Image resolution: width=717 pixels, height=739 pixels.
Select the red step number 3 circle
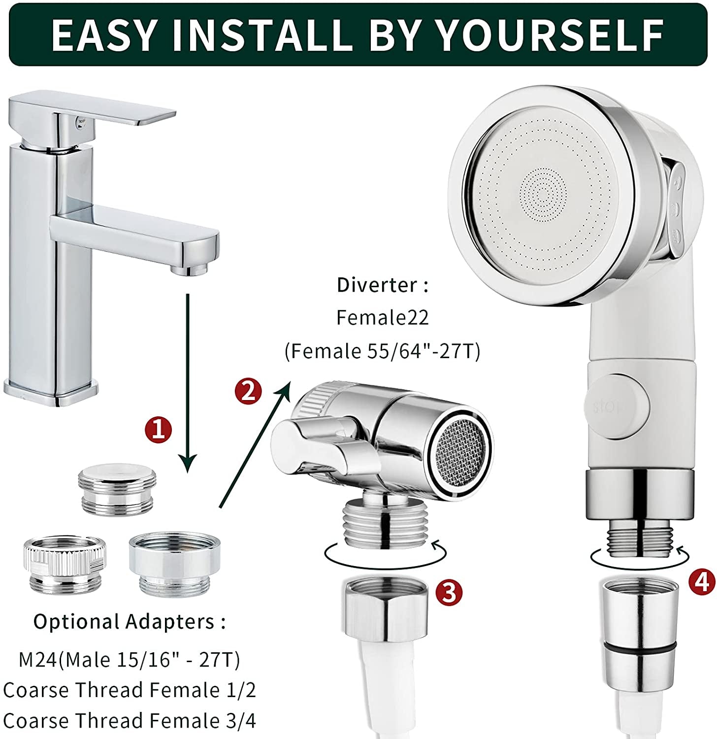point(449,593)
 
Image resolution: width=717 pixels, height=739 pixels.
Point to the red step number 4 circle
point(701,581)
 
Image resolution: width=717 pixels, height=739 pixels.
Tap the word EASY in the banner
point(103,35)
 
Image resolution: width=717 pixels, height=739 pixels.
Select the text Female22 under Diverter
point(382,318)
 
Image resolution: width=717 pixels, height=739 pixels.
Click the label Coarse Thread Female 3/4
point(129,720)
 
